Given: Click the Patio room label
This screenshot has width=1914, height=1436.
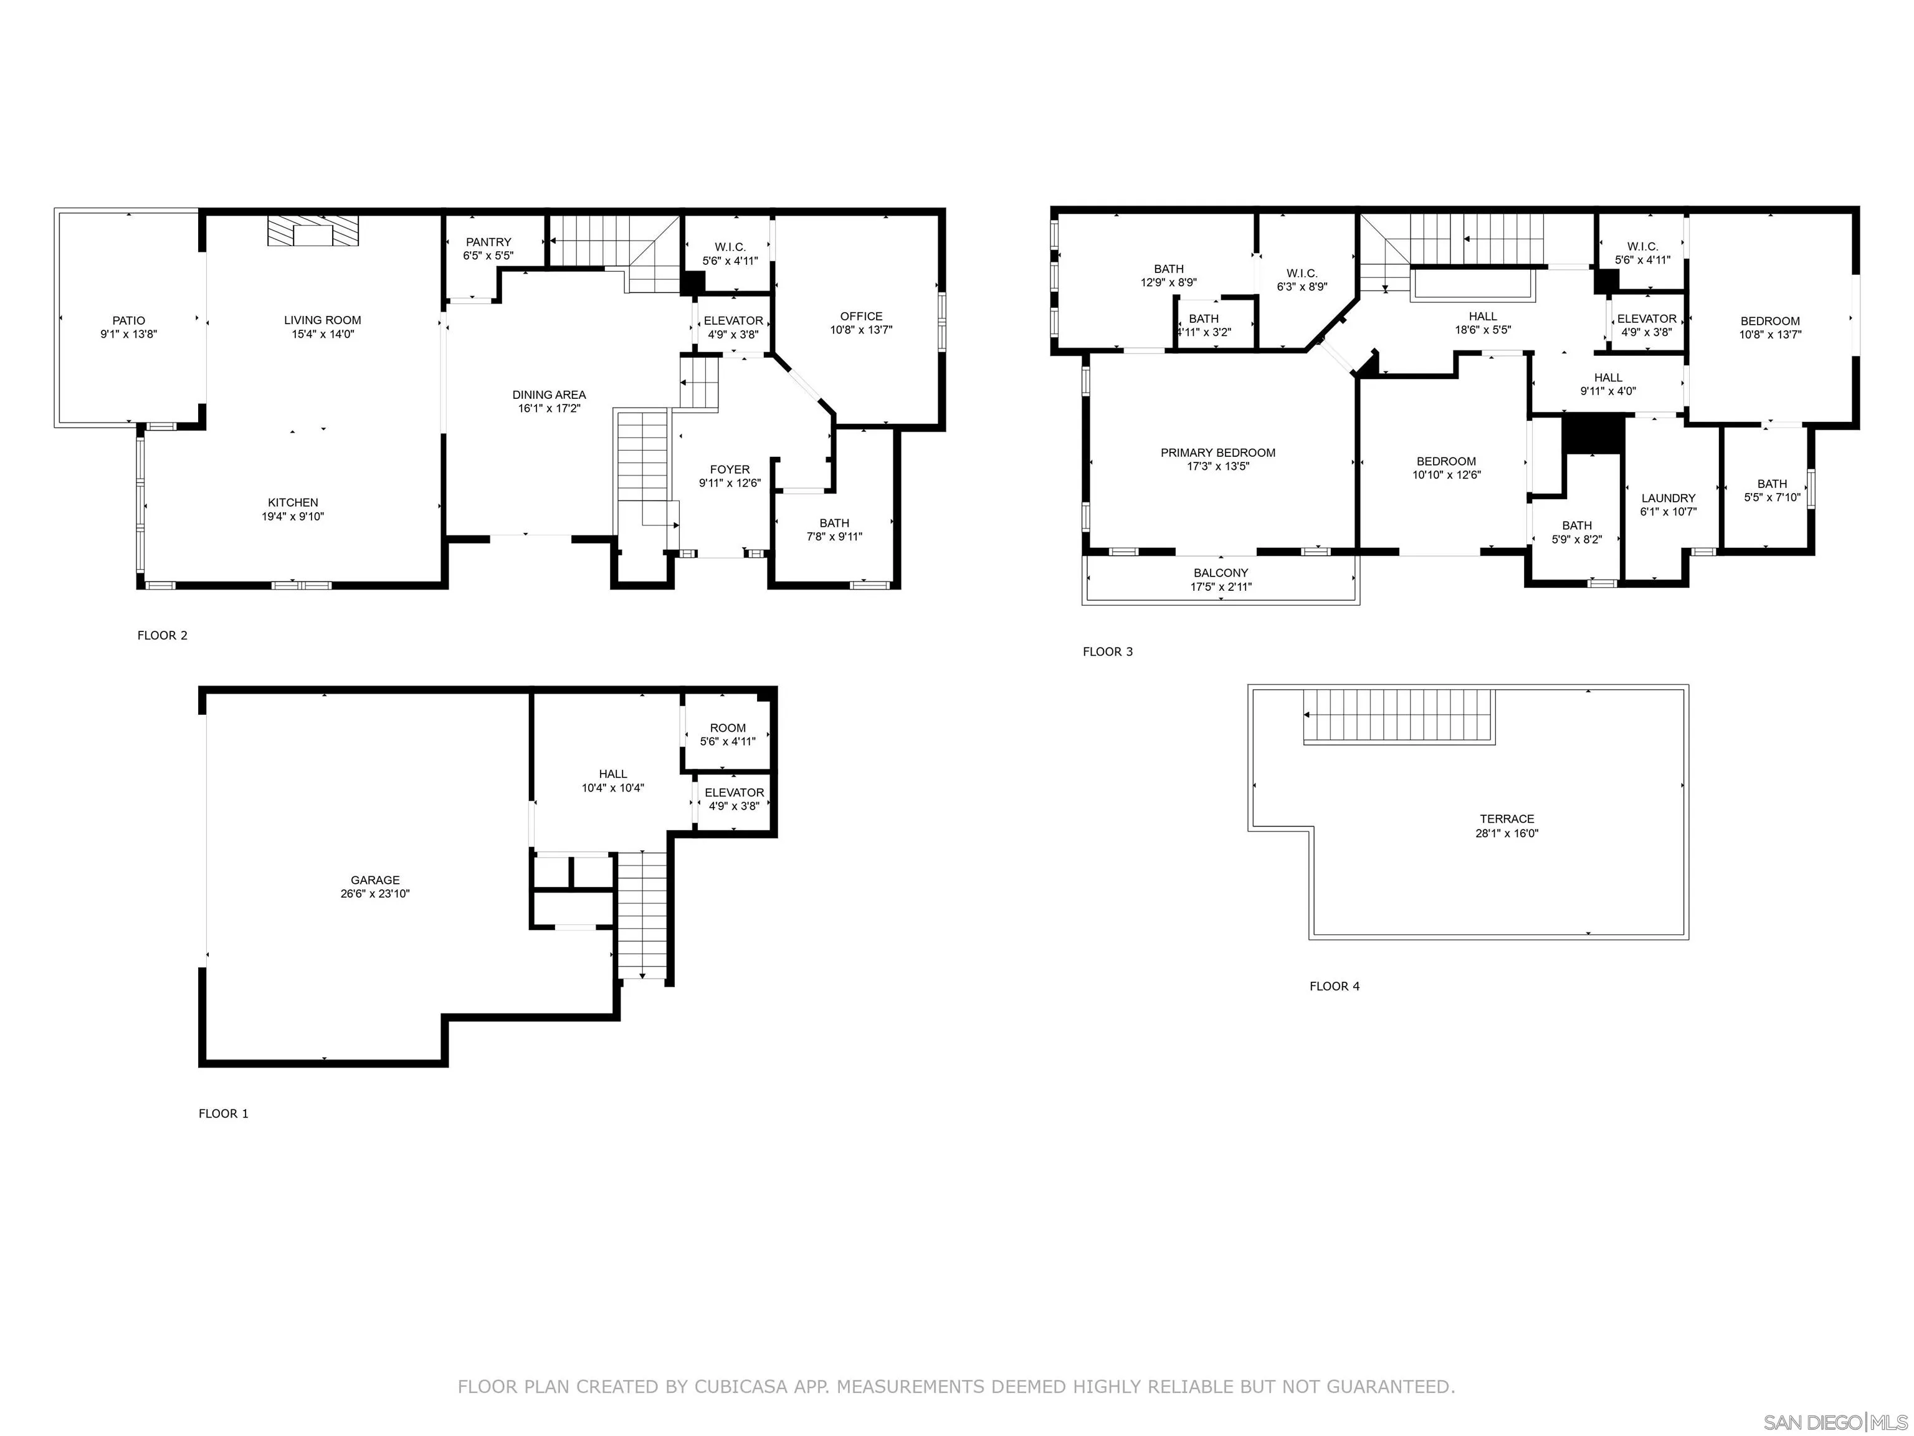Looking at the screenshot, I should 128,320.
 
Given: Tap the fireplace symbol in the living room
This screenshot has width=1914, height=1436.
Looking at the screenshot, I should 312,232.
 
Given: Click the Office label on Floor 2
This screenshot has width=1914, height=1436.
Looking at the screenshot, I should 861,316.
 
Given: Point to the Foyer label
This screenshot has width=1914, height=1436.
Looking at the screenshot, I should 730,469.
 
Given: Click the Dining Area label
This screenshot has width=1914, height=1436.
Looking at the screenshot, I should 548,395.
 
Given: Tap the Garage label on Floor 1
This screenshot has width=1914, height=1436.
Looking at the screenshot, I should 374,879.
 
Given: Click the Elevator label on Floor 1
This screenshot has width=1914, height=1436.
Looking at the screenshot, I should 734,792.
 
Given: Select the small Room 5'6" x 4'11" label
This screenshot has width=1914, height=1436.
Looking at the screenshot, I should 727,734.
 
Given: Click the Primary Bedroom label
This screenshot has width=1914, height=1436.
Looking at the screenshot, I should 1217,452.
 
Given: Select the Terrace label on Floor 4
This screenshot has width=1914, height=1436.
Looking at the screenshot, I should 1507,819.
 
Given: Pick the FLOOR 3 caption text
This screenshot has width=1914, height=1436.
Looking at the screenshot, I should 1107,652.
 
